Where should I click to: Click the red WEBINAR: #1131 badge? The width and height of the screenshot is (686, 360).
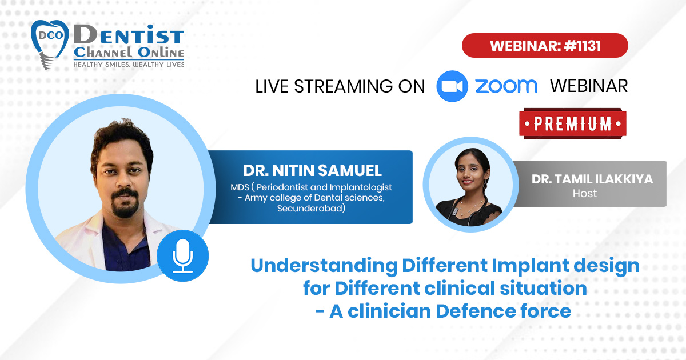[545, 45]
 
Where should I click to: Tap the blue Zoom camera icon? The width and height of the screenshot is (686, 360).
[452, 86]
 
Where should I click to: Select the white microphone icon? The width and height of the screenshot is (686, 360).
[182, 256]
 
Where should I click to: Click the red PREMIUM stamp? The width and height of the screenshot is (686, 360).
[573, 123]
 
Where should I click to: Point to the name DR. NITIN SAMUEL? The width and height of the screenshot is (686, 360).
[312, 170]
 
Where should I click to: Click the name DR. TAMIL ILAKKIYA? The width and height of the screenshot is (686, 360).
[592, 179]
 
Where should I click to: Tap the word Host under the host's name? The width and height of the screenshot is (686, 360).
[585, 194]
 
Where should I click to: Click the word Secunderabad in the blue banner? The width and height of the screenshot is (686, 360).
[311, 209]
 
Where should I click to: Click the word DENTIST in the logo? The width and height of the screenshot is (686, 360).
[129, 34]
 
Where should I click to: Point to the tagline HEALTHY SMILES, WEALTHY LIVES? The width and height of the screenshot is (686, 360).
[129, 64]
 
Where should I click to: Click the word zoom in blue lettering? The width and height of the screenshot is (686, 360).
[506, 86]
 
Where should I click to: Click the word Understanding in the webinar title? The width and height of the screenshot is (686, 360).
[324, 266]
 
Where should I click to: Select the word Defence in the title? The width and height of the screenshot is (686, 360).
[476, 311]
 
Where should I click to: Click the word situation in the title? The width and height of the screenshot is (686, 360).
[543, 289]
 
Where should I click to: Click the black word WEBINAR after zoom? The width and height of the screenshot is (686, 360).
[589, 86]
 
